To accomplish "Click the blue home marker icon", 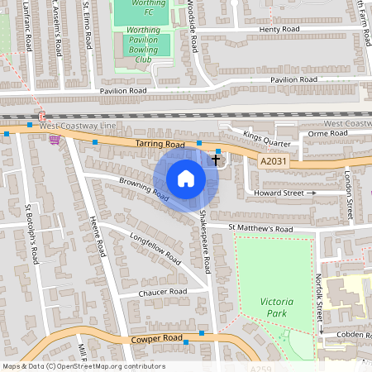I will tap(186, 179).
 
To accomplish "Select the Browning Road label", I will tap(144, 189).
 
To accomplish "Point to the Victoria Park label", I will tap(277, 308).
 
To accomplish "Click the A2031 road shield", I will tap(274, 162).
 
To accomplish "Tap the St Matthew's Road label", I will tap(260, 228).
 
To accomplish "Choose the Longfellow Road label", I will tap(155, 247).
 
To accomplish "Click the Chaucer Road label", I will tap(164, 292).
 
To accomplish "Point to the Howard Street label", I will tap(279, 193).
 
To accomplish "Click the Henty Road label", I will tap(279, 29).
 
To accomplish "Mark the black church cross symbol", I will tap(216, 157).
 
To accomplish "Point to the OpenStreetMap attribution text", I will tap(83, 366).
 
